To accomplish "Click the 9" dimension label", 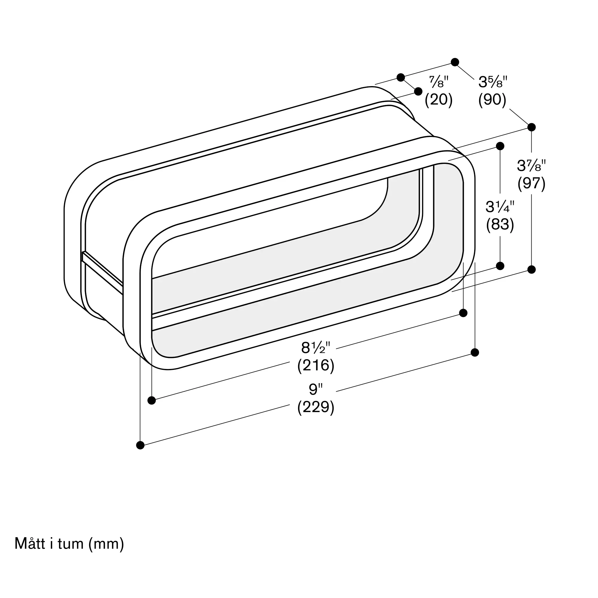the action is coord(316,389).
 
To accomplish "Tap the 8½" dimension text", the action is coord(316,348).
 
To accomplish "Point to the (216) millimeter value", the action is coord(316,366).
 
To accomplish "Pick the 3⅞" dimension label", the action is coord(531,165).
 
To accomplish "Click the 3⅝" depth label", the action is coord(493,82).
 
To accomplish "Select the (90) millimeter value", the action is coord(492,100).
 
